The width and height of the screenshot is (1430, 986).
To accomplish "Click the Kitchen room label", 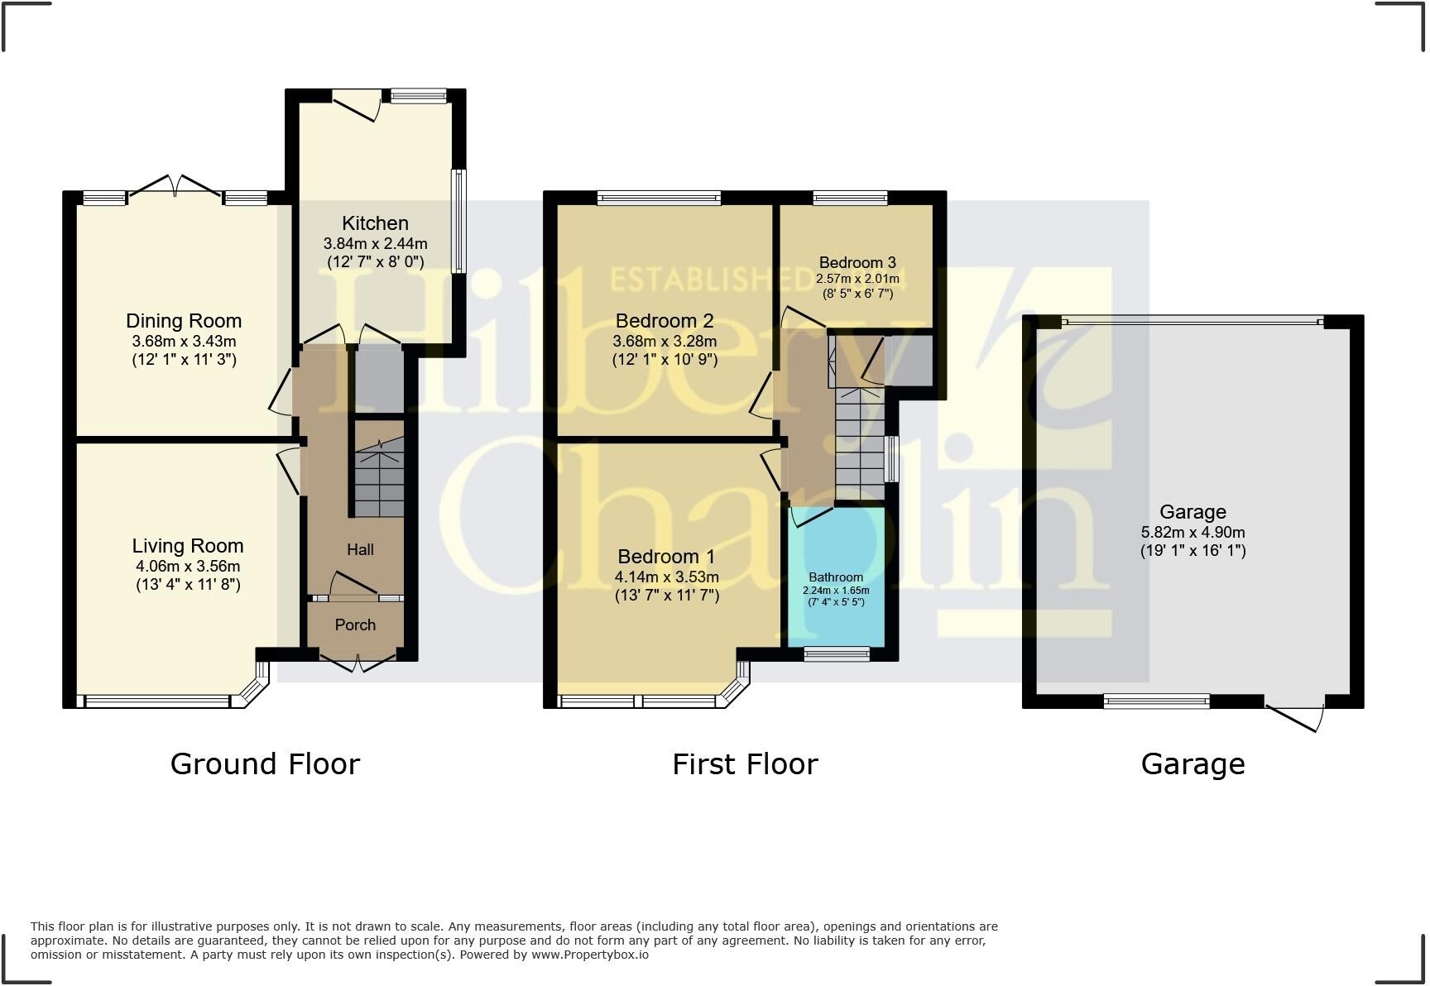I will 375,223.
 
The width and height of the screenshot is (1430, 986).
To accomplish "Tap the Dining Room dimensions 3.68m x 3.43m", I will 184,342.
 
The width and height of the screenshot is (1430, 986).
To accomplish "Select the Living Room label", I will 188,546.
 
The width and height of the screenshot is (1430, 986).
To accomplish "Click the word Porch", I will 355,625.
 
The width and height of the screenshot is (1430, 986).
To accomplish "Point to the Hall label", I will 360,550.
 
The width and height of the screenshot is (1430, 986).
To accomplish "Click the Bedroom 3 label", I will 857,263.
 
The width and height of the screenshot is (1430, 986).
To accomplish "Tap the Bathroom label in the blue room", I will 836,577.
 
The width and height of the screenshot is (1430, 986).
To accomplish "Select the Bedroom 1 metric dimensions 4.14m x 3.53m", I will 666,577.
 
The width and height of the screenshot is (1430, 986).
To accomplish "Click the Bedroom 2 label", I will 665,321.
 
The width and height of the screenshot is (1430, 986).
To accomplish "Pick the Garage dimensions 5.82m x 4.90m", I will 1192,533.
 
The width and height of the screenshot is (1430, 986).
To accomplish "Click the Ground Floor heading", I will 265,764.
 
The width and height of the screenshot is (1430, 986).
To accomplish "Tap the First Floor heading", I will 745,764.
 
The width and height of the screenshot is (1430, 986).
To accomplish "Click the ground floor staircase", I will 380,480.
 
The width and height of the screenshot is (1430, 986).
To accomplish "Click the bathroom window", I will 837,654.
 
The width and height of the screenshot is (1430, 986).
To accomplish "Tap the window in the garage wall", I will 1156,702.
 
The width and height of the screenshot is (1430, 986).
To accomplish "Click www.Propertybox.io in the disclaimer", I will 589,955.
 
